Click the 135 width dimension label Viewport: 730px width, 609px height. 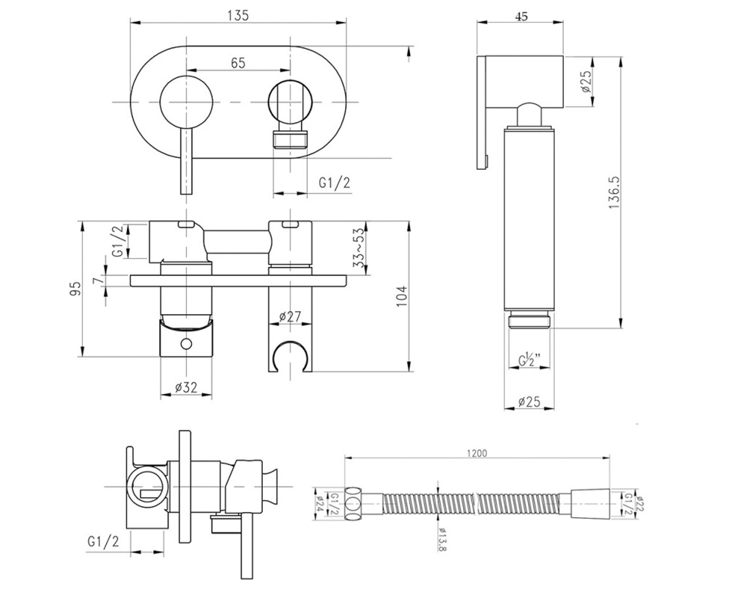[x=238, y=16]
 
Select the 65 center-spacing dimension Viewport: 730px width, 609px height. [x=238, y=63]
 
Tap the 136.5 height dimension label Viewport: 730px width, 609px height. [x=614, y=192]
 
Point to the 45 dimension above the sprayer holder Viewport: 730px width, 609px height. [x=521, y=16]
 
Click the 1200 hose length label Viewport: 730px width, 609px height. [x=477, y=453]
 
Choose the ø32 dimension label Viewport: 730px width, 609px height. [x=186, y=387]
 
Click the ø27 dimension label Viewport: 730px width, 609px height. [x=290, y=317]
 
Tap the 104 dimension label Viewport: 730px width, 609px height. [x=401, y=296]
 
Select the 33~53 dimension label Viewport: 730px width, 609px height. [x=358, y=248]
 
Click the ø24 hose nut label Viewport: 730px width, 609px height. [x=319, y=504]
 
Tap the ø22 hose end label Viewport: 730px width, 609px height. [x=639, y=504]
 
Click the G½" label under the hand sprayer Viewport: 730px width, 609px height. [x=529, y=359]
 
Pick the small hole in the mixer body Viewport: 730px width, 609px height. [x=186, y=344]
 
